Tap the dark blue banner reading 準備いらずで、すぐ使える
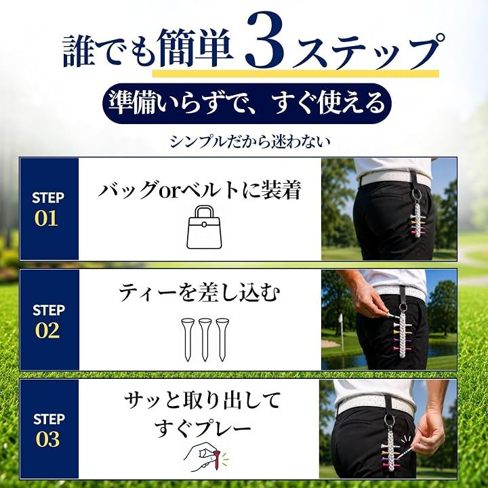247,103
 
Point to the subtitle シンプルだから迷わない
249,142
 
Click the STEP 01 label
48,209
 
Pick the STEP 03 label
49,430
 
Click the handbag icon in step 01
204,227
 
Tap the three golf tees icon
205,340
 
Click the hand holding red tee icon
205,457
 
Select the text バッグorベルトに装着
199,190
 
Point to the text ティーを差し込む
199,293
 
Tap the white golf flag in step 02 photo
340,318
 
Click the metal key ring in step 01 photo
416,195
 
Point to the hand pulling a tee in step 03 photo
431,432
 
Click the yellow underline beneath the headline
296,74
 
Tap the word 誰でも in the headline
109,49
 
